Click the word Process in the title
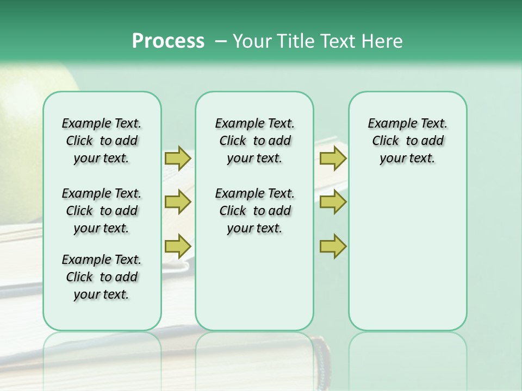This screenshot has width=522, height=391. [168, 41]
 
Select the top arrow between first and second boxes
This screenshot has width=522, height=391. [178, 158]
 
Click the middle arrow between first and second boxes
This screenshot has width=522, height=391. [178, 202]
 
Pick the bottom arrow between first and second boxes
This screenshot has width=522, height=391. [178, 246]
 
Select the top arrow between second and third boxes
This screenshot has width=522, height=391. [333, 158]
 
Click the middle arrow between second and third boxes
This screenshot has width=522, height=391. [333, 202]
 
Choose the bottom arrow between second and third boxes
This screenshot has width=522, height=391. [333, 246]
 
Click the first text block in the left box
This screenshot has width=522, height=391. [102, 141]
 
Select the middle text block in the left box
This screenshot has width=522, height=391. [102, 211]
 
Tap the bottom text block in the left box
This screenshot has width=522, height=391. [102, 277]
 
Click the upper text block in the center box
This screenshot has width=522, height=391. [254, 141]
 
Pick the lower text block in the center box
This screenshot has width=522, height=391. [254, 211]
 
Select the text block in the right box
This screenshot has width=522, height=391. [407, 141]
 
